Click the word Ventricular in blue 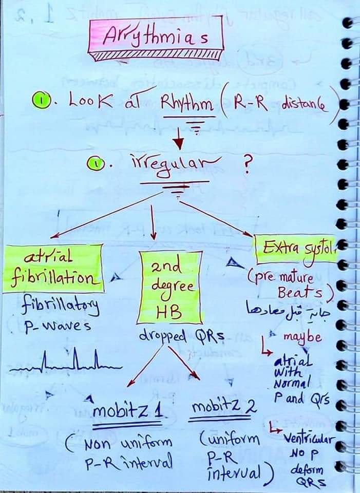pos(309,440)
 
